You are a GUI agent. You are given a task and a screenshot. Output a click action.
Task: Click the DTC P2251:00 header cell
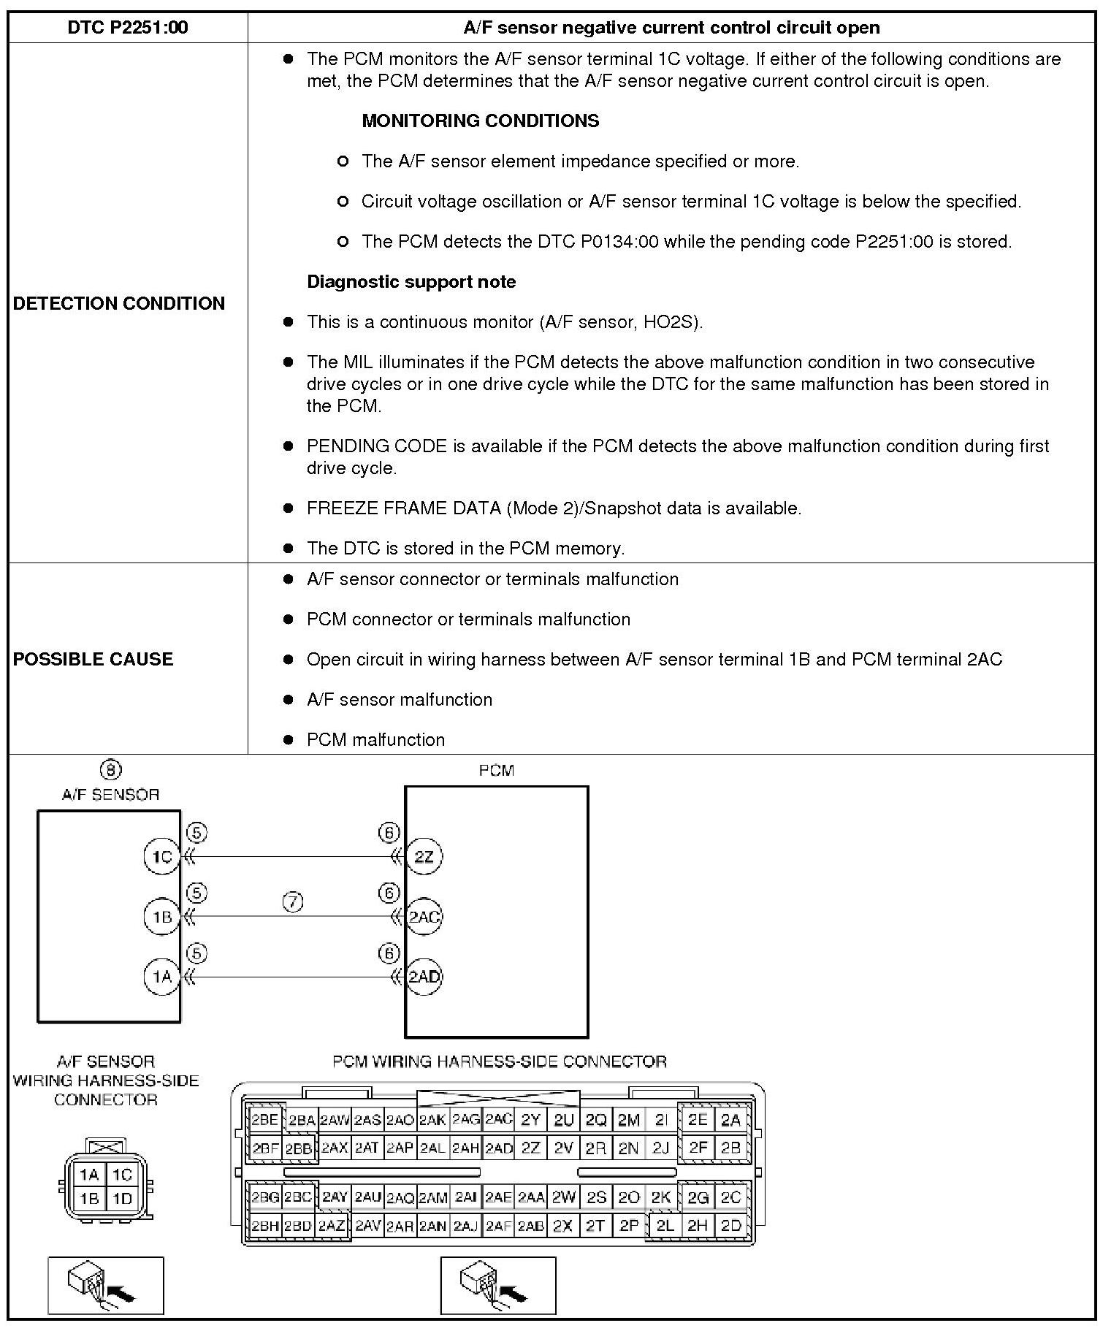[128, 28]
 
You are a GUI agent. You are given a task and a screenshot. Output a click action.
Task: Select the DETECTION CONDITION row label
[119, 303]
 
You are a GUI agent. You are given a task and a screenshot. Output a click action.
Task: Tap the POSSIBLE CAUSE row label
[93, 659]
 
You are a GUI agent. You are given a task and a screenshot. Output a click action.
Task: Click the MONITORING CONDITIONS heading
[480, 121]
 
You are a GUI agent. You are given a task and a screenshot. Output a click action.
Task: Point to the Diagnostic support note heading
[411, 282]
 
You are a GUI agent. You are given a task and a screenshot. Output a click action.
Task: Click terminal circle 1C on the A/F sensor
[161, 856]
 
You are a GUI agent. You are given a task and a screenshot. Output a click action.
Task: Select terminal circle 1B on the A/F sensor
[161, 917]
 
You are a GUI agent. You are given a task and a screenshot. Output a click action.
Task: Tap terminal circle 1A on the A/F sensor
[161, 977]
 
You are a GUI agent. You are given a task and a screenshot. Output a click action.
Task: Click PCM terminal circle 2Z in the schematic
[424, 856]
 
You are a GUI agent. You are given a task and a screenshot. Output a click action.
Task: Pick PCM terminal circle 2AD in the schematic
[424, 977]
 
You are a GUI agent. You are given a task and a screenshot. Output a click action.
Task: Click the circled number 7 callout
[292, 903]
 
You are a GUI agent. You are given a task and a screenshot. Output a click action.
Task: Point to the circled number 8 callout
[110, 769]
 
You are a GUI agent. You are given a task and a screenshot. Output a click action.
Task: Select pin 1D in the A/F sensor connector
[122, 1199]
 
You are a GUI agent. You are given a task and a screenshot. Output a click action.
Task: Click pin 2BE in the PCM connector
[264, 1120]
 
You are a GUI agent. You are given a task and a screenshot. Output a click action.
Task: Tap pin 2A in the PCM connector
[730, 1120]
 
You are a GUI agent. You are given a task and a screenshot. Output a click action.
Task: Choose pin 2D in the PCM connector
[730, 1226]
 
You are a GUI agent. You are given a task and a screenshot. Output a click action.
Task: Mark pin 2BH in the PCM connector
[264, 1226]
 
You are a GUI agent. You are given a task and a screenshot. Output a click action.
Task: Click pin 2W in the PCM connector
[563, 1197]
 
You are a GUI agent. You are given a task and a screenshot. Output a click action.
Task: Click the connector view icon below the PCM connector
[497, 1285]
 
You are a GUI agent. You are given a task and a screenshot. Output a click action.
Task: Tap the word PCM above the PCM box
[496, 770]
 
